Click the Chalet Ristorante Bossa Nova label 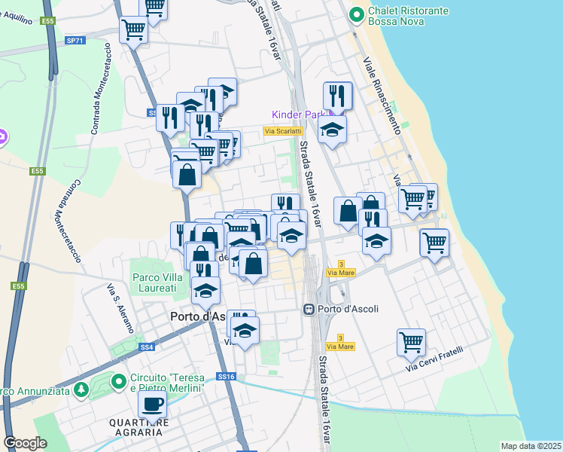point(407,17)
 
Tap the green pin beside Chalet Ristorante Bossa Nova point(357,14)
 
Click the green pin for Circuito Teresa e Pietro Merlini point(119,382)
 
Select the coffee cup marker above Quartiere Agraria point(153,405)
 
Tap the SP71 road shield point(75,40)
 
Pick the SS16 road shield point(227,376)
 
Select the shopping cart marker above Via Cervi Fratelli point(411,343)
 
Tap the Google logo point(25,443)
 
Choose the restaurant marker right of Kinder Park point(338,96)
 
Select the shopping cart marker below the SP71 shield point(133,31)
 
